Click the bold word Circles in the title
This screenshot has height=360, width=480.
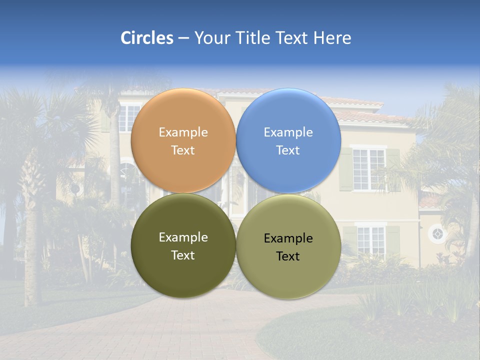(147, 38)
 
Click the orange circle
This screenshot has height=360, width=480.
(183, 115)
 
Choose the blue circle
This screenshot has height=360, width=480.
(288, 115)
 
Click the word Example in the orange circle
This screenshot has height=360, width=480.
(183, 132)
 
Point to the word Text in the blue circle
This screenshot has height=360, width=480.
(288, 150)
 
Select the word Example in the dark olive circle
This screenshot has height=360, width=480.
(183, 237)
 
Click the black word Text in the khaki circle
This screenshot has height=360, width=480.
(288, 256)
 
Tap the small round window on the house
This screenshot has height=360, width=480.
(437, 233)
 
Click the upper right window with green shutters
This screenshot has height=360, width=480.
(369, 168)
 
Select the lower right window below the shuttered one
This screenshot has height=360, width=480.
(370, 240)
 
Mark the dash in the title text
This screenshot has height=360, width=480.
(183, 38)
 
